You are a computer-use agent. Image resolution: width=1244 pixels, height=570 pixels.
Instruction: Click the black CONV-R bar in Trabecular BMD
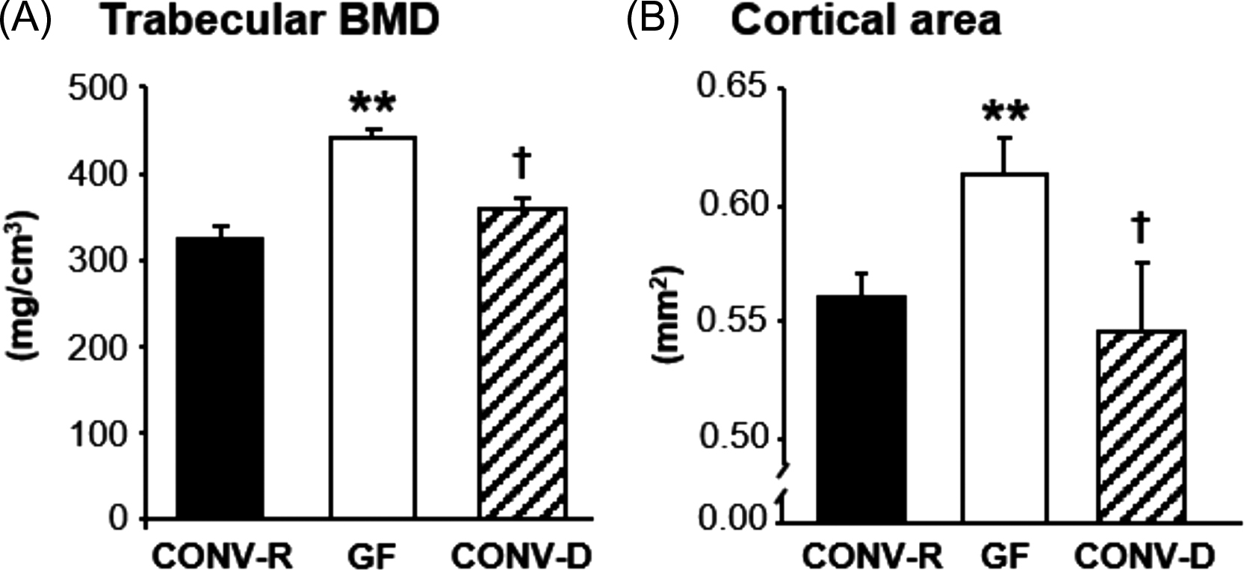tap(220, 378)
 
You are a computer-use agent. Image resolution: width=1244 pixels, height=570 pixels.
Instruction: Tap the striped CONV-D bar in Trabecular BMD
tap(522, 363)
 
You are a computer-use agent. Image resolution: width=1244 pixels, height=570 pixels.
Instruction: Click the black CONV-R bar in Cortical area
tap(862, 407)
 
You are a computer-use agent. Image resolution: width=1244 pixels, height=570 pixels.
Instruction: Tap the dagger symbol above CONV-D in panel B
tap(1141, 229)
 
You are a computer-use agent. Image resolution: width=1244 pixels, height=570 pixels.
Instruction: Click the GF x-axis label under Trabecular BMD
tap(371, 556)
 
